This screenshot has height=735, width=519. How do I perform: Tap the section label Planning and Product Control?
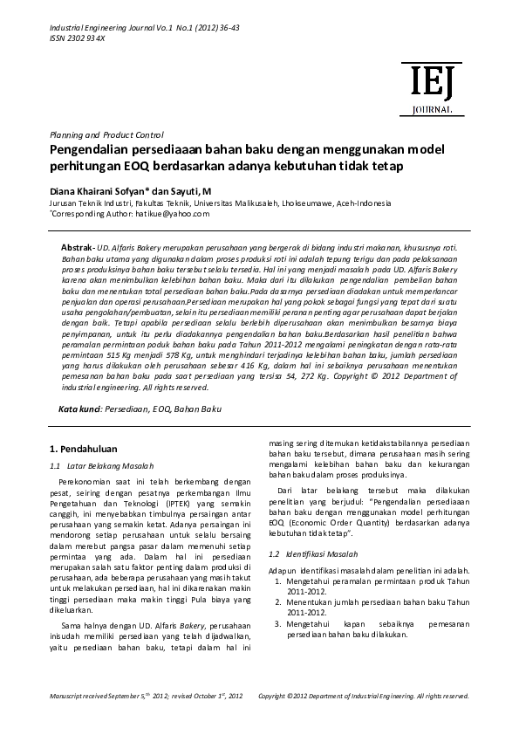tap(106, 134)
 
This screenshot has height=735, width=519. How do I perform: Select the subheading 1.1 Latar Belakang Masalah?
tap(100, 465)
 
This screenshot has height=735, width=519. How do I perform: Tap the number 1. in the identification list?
tap(279, 580)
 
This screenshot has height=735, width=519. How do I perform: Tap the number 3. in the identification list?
tap(279, 624)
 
